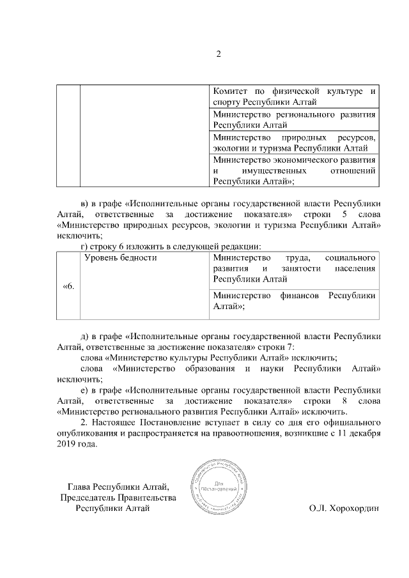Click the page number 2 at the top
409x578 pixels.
click(218, 54)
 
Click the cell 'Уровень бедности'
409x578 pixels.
click(121, 257)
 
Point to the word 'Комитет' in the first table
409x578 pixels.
click(232, 91)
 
